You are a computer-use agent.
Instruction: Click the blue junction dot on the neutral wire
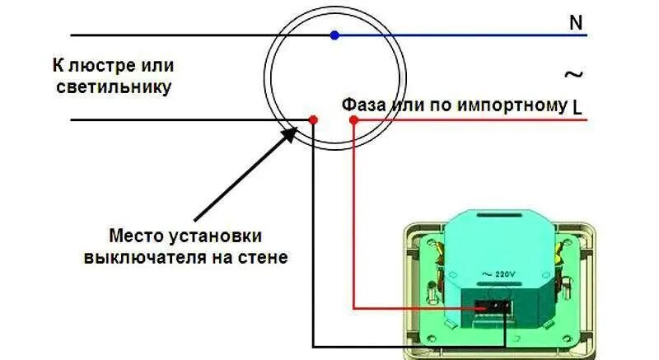pos(334,35)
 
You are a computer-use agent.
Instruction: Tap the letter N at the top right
pos(576,23)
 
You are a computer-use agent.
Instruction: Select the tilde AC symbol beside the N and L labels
pos(573,74)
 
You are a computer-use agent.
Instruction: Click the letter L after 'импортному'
pos(577,107)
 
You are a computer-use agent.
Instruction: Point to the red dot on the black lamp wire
pos(313,120)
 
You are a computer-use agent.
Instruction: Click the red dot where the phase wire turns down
pos(353,120)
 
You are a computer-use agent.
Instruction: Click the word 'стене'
pos(267,257)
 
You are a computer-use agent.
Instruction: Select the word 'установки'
pos(217,234)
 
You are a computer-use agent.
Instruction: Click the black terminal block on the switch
pos(493,309)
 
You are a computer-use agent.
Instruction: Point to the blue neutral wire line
pos(461,35)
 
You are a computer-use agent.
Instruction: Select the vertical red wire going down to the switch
pos(353,214)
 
